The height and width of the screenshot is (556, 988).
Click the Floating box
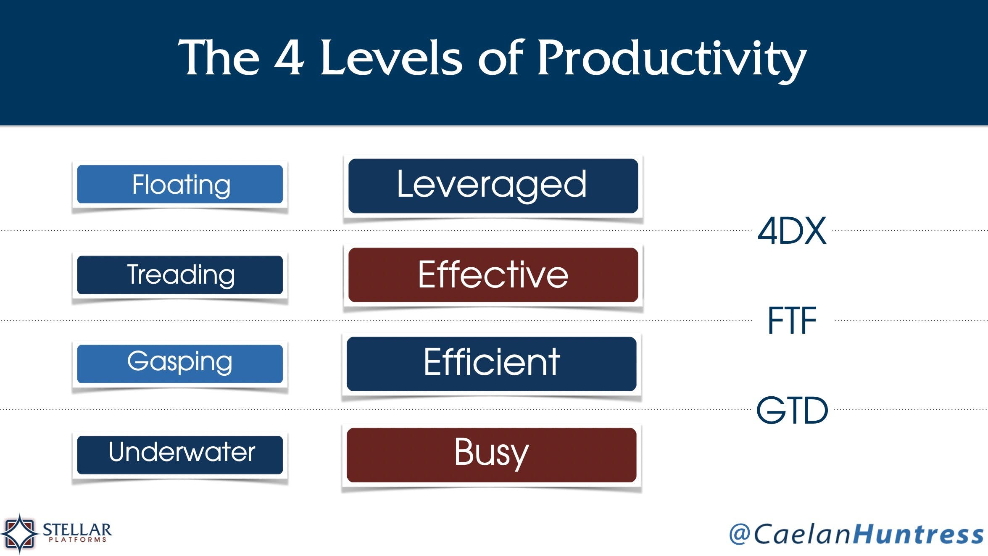tap(180, 184)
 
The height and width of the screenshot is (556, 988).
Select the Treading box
tap(180, 275)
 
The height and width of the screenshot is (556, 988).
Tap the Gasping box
tap(180, 364)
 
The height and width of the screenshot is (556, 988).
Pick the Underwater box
tap(180, 455)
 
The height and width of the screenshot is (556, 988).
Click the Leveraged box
tap(493, 186)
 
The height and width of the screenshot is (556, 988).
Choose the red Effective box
tap(493, 275)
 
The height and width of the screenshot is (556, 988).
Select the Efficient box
tap(491, 364)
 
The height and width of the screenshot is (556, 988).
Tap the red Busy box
tap(491, 455)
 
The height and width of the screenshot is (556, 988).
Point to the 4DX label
tap(792, 231)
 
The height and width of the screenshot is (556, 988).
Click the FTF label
tap(792, 321)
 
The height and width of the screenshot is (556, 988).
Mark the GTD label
tap(792, 410)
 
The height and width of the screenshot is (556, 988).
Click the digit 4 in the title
tap(289, 58)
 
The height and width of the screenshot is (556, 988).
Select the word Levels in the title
tap(391, 58)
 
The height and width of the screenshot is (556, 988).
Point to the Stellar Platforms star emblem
tap(19, 533)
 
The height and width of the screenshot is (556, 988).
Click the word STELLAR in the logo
tap(77, 530)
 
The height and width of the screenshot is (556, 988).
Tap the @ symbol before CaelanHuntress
tap(740, 534)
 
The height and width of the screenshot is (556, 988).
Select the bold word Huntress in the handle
tap(919, 534)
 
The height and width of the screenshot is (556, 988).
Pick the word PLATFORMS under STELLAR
tap(78, 540)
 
